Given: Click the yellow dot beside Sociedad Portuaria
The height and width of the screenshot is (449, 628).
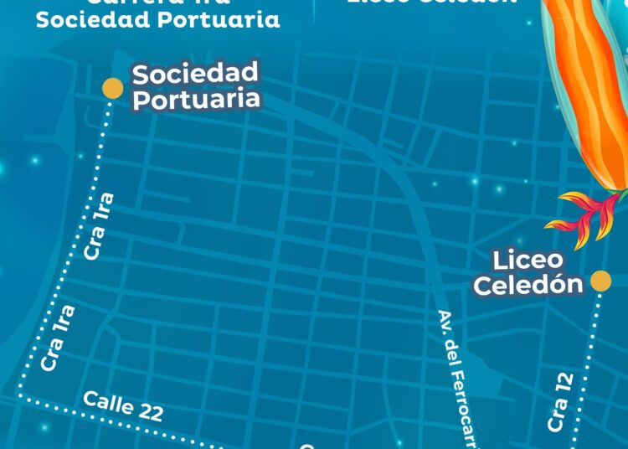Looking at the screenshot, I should point(112,87).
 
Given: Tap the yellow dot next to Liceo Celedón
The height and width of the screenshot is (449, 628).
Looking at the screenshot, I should point(600,281).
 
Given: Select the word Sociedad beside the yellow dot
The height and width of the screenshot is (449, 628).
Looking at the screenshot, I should point(195,74).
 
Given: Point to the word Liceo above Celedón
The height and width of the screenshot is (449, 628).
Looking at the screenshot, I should point(528,259).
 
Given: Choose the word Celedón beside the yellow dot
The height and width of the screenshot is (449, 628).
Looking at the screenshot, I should point(528,284).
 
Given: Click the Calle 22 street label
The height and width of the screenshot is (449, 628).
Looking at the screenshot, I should point(122,407).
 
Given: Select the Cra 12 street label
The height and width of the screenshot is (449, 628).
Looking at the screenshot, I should point(560,401).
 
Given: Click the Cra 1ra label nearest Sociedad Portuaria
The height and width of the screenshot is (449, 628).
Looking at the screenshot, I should point(99,227).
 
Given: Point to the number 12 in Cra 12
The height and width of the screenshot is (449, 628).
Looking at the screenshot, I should point(563,384).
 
